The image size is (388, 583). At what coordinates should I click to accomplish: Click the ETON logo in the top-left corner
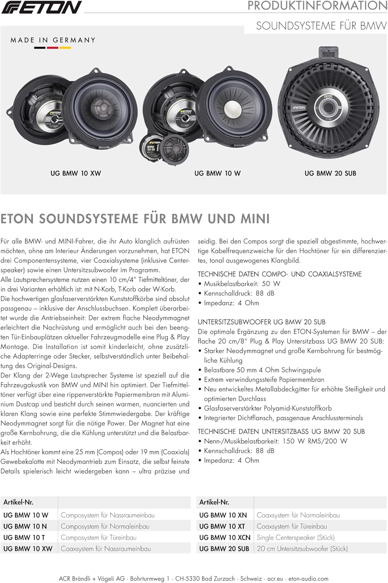coord(41,7)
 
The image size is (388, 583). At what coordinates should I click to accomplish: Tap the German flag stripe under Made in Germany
coord(52,48)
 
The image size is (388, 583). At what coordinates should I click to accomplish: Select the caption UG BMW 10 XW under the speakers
coord(76,173)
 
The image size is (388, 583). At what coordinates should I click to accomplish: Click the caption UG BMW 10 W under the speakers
coord(217,173)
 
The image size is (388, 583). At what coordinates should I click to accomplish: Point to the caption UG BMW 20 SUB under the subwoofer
coord(330,173)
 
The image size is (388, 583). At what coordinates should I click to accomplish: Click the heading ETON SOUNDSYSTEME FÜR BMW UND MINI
coord(135,219)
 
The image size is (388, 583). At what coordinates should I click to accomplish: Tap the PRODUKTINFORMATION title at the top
coord(317,6)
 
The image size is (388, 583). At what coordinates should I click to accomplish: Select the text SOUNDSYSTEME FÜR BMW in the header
coord(321,26)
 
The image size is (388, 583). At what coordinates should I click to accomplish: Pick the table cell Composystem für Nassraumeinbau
coord(108,515)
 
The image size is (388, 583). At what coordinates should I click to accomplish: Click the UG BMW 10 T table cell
coord(24,538)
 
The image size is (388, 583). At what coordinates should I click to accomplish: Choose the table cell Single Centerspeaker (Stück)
coord(295,538)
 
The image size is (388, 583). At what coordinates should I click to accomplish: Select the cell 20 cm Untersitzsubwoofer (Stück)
coord(302,549)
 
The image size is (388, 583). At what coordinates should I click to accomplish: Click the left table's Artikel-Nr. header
coord(18,502)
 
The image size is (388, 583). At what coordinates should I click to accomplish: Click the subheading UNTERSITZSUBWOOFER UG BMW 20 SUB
coord(262,322)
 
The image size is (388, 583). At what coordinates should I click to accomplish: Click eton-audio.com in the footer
coord(308,579)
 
